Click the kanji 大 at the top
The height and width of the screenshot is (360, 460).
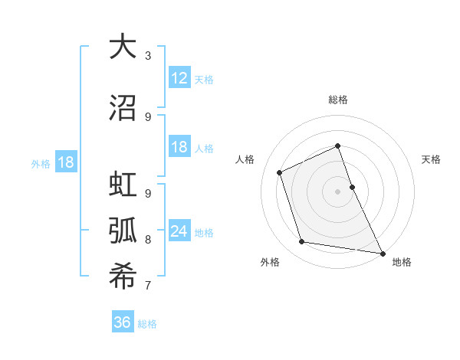click(123, 47)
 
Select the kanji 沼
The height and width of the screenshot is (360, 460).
click(123, 108)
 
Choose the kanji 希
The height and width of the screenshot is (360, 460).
click(123, 277)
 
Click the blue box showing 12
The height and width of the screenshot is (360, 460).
click(179, 78)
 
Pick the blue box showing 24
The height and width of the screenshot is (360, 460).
click(179, 231)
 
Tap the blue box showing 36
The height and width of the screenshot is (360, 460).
click(123, 322)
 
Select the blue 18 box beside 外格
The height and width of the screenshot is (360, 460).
click(65, 162)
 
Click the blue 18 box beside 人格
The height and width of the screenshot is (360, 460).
click(179, 147)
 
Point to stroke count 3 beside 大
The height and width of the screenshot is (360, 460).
click(147, 55)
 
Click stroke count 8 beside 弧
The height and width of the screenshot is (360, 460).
click(147, 240)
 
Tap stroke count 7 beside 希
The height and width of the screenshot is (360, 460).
click(147, 286)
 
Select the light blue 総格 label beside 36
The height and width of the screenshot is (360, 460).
click(147, 324)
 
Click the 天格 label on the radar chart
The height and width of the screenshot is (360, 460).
click(431, 159)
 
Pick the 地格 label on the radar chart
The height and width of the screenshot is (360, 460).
click(402, 262)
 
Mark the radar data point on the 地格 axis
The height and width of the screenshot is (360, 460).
click(382, 252)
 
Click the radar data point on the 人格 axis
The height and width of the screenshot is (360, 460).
click(280, 172)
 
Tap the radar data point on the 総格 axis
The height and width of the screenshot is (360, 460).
click(337, 146)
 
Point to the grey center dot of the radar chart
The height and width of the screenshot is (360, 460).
click(337, 191)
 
